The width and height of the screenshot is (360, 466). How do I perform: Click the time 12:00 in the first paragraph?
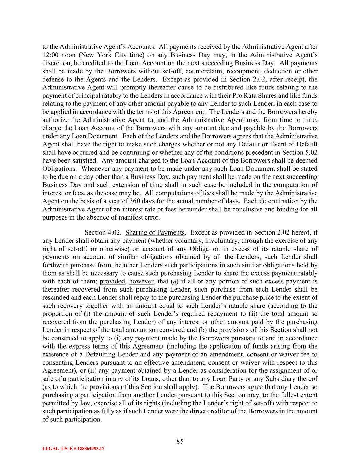[50, 55]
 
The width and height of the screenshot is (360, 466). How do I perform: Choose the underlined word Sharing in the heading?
[136, 233]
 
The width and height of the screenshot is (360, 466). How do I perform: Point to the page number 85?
[180, 442]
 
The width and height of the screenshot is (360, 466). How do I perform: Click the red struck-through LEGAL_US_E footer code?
[73, 449]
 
